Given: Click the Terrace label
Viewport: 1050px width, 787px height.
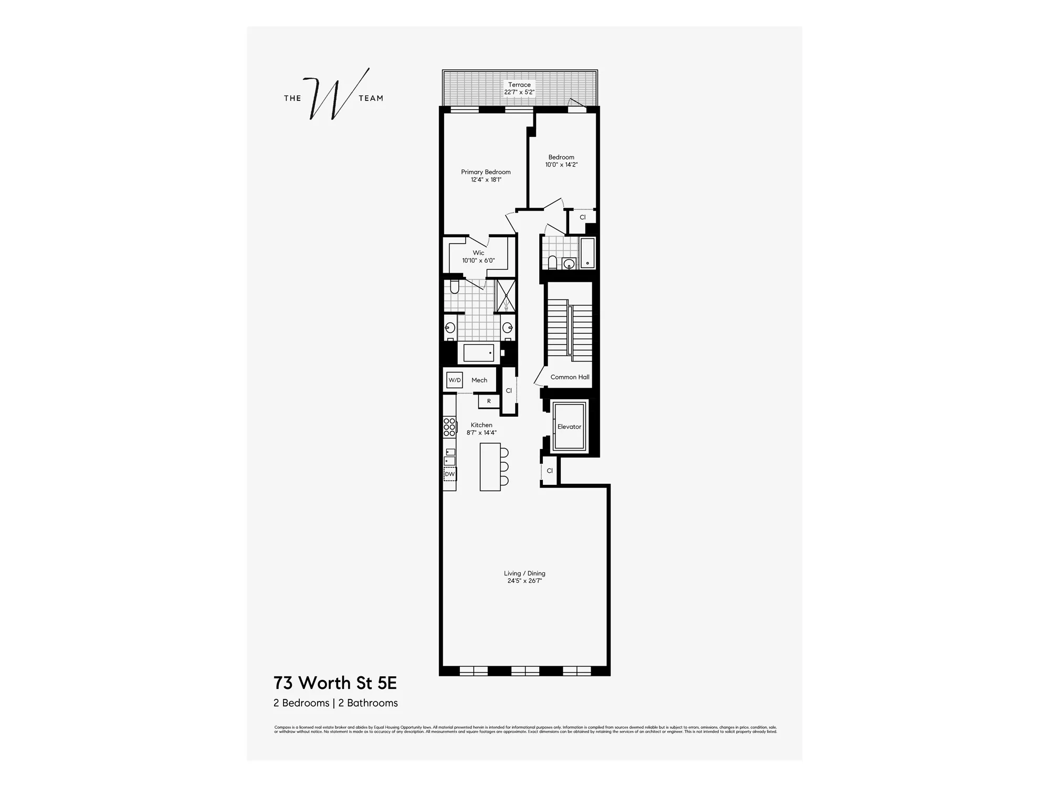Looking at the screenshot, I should (x=519, y=84).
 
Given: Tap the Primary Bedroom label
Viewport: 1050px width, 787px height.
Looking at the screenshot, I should (x=486, y=172).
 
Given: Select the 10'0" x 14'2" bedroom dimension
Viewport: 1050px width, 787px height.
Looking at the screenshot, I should (x=561, y=165).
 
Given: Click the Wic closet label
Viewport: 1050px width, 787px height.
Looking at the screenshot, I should (x=478, y=253).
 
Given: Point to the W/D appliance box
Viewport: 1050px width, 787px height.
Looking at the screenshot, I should (x=455, y=380).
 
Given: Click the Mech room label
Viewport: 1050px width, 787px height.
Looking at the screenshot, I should (x=479, y=380).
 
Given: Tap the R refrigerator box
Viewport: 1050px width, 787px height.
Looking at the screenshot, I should (x=489, y=401).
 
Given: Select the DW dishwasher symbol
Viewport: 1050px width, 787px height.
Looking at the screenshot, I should (x=450, y=474).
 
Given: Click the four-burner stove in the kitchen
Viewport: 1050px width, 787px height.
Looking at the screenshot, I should (x=449, y=427).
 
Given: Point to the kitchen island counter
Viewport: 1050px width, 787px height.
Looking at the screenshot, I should (x=490, y=467).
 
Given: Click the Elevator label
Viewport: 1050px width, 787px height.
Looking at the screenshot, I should (x=569, y=427).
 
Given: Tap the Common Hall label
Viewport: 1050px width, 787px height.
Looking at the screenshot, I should (x=570, y=377).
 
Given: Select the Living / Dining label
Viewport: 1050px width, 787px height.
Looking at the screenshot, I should (x=524, y=573).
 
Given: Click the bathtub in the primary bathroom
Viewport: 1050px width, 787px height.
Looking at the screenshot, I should (x=479, y=353).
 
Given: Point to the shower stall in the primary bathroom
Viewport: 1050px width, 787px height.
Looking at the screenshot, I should (x=506, y=295).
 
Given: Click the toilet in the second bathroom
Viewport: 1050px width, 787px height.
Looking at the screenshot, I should (x=552, y=261).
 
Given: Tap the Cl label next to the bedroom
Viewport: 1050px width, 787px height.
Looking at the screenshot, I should (x=582, y=217).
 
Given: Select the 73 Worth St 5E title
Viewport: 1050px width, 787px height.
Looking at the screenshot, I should (x=335, y=683).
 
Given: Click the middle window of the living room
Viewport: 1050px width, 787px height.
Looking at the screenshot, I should (x=525, y=670).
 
